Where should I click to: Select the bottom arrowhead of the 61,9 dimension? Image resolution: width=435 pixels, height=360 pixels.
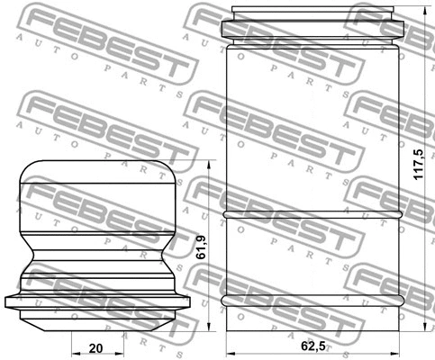coord(208,324)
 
